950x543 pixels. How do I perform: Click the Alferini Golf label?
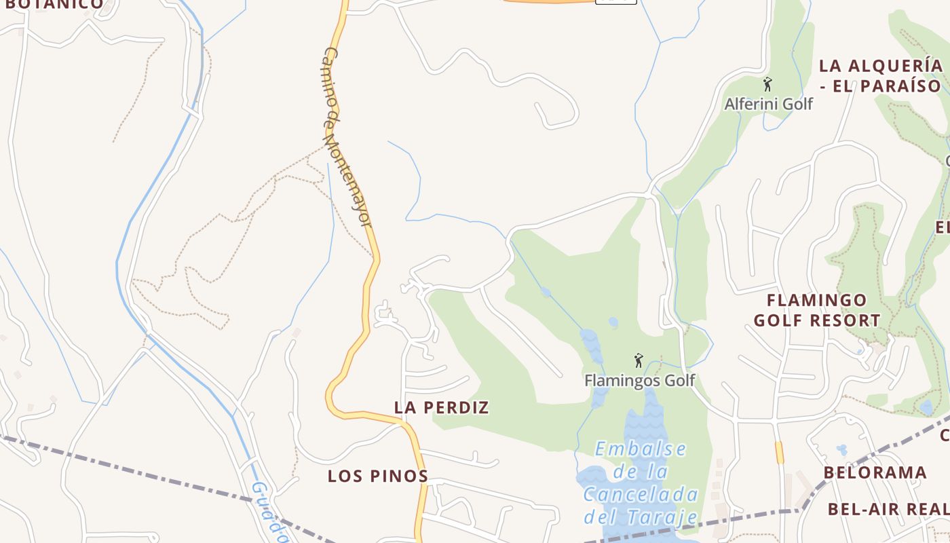(x=768, y=104)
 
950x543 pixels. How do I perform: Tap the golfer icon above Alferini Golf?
(x=767, y=85)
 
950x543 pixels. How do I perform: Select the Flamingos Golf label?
(x=639, y=380)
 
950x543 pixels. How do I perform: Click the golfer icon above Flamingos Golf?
(x=638, y=360)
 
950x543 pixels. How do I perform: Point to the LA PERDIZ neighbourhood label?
(x=441, y=407)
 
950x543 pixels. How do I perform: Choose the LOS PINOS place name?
(x=378, y=476)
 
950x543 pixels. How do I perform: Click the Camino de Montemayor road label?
(x=347, y=136)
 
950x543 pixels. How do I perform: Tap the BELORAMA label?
(x=875, y=472)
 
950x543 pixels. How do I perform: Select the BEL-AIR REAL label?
(x=888, y=508)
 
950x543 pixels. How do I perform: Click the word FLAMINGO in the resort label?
(x=816, y=300)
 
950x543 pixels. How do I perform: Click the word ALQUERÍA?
(x=896, y=66)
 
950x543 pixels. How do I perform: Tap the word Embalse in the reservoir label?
(x=641, y=449)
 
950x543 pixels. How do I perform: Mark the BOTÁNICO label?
(x=54, y=4)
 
